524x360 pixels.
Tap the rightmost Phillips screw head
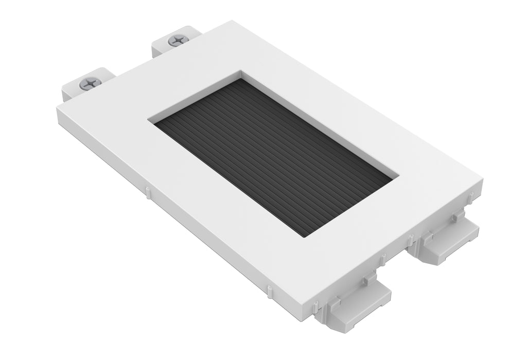tap(178, 40)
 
